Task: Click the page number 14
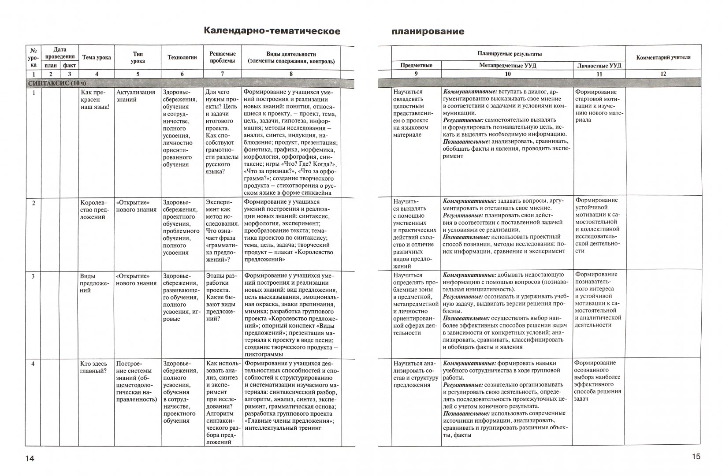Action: [x=30, y=459]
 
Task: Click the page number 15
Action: [x=696, y=457]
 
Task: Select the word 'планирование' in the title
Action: [x=428, y=31]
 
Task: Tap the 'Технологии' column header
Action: [x=182, y=57]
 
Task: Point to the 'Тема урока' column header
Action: [x=97, y=57]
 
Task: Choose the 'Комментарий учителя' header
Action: [x=663, y=57]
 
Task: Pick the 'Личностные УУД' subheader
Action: [x=599, y=65]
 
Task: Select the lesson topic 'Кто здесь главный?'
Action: [x=93, y=367]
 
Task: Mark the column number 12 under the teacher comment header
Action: [x=663, y=74]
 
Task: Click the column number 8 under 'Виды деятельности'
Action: [x=291, y=74]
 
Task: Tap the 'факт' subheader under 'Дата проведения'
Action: [x=69, y=65]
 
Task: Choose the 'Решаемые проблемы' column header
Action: [x=222, y=57]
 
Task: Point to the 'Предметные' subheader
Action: [x=416, y=65]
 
